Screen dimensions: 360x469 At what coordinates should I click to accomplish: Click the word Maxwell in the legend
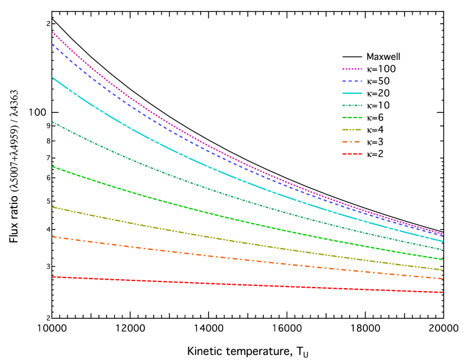coord(383,57)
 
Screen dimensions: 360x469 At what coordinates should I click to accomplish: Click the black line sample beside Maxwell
coord(353,57)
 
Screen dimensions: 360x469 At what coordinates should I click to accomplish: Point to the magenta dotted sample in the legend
coord(353,69)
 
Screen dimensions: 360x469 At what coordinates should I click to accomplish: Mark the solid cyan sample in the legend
coord(353,93)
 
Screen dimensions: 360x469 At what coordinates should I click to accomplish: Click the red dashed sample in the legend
coord(353,154)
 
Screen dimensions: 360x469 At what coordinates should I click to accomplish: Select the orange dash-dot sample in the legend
coord(353,142)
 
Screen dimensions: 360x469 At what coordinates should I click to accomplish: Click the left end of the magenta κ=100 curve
coord(53,32)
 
